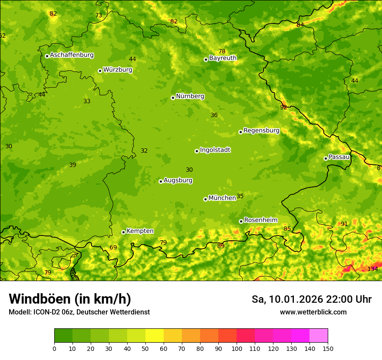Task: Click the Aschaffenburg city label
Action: (x=72, y=55)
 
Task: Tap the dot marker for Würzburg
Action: (x=100, y=71)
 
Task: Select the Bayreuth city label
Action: (x=223, y=58)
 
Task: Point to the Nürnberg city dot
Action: (x=173, y=98)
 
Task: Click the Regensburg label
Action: (x=261, y=131)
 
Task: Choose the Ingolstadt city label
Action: (x=215, y=150)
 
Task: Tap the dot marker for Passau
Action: (x=326, y=158)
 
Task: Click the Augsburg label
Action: (x=178, y=180)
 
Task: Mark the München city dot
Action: (x=205, y=199)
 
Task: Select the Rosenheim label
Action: (x=260, y=220)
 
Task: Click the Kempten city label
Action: (x=140, y=231)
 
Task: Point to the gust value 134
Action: (x=372, y=269)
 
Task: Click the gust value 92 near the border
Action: (x=283, y=107)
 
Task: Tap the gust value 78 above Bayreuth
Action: (x=222, y=52)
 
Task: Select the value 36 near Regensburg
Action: (x=214, y=115)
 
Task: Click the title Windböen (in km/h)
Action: (x=70, y=299)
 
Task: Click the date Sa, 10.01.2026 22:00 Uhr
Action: (x=311, y=299)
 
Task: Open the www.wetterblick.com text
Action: (x=313, y=312)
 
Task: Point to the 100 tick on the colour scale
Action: (x=237, y=348)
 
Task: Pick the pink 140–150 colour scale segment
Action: (x=319, y=335)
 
